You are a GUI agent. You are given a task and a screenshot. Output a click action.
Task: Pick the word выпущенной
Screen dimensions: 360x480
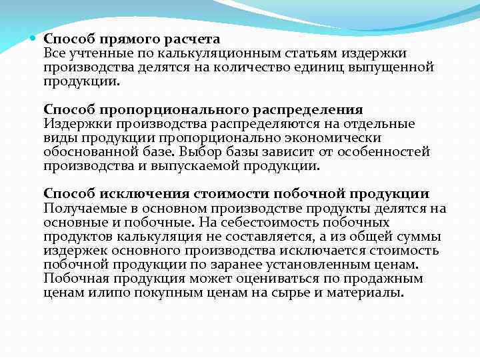pos(395,67)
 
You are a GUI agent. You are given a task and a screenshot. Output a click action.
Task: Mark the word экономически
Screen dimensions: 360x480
pos(339,137)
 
